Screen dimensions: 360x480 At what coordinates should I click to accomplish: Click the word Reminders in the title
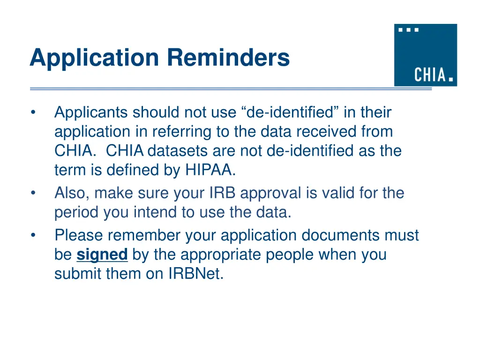click(x=228, y=58)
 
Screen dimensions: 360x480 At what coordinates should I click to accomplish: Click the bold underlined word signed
click(x=102, y=255)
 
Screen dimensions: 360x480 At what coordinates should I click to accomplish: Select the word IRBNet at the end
click(x=195, y=274)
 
